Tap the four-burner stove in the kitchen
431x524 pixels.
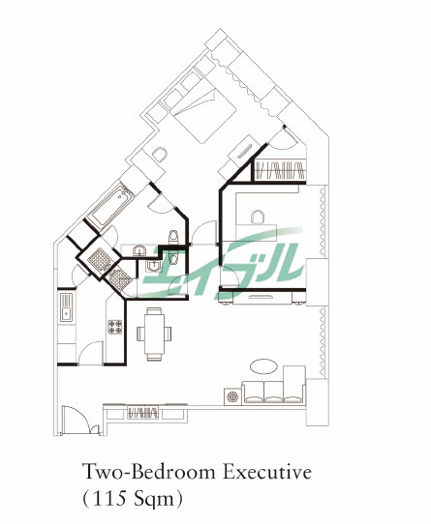tap(115, 327)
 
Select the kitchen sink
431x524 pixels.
tap(66, 307)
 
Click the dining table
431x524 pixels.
tap(154, 335)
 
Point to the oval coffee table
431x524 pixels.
tap(263, 366)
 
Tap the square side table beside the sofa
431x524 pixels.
tap(232, 396)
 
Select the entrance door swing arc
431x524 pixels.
tap(78, 415)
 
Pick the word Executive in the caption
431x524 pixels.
tap(267, 473)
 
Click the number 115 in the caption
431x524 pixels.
tap(108, 499)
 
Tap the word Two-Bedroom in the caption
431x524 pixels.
tap(150, 473)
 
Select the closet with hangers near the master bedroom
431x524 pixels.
tap(280, 170)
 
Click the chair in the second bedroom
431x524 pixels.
tap(258, 217)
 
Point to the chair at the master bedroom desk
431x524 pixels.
tap(159, 155)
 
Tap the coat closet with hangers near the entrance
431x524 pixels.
tap(143, 413)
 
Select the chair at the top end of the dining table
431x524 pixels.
tap(154, 310)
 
